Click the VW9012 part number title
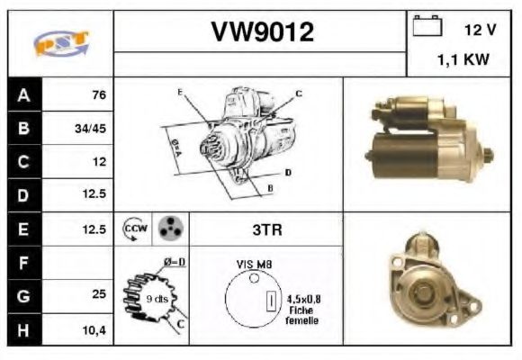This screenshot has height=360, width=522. point(262,32)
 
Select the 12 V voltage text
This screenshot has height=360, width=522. point(480,31)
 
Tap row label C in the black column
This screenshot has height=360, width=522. point(23,162)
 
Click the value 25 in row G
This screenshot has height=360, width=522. point(99,294)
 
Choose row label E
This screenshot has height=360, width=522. point(23,229)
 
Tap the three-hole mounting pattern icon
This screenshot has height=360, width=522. point(168,229)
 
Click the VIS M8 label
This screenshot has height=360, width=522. point(256,265)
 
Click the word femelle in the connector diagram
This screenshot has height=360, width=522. point(301,319)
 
